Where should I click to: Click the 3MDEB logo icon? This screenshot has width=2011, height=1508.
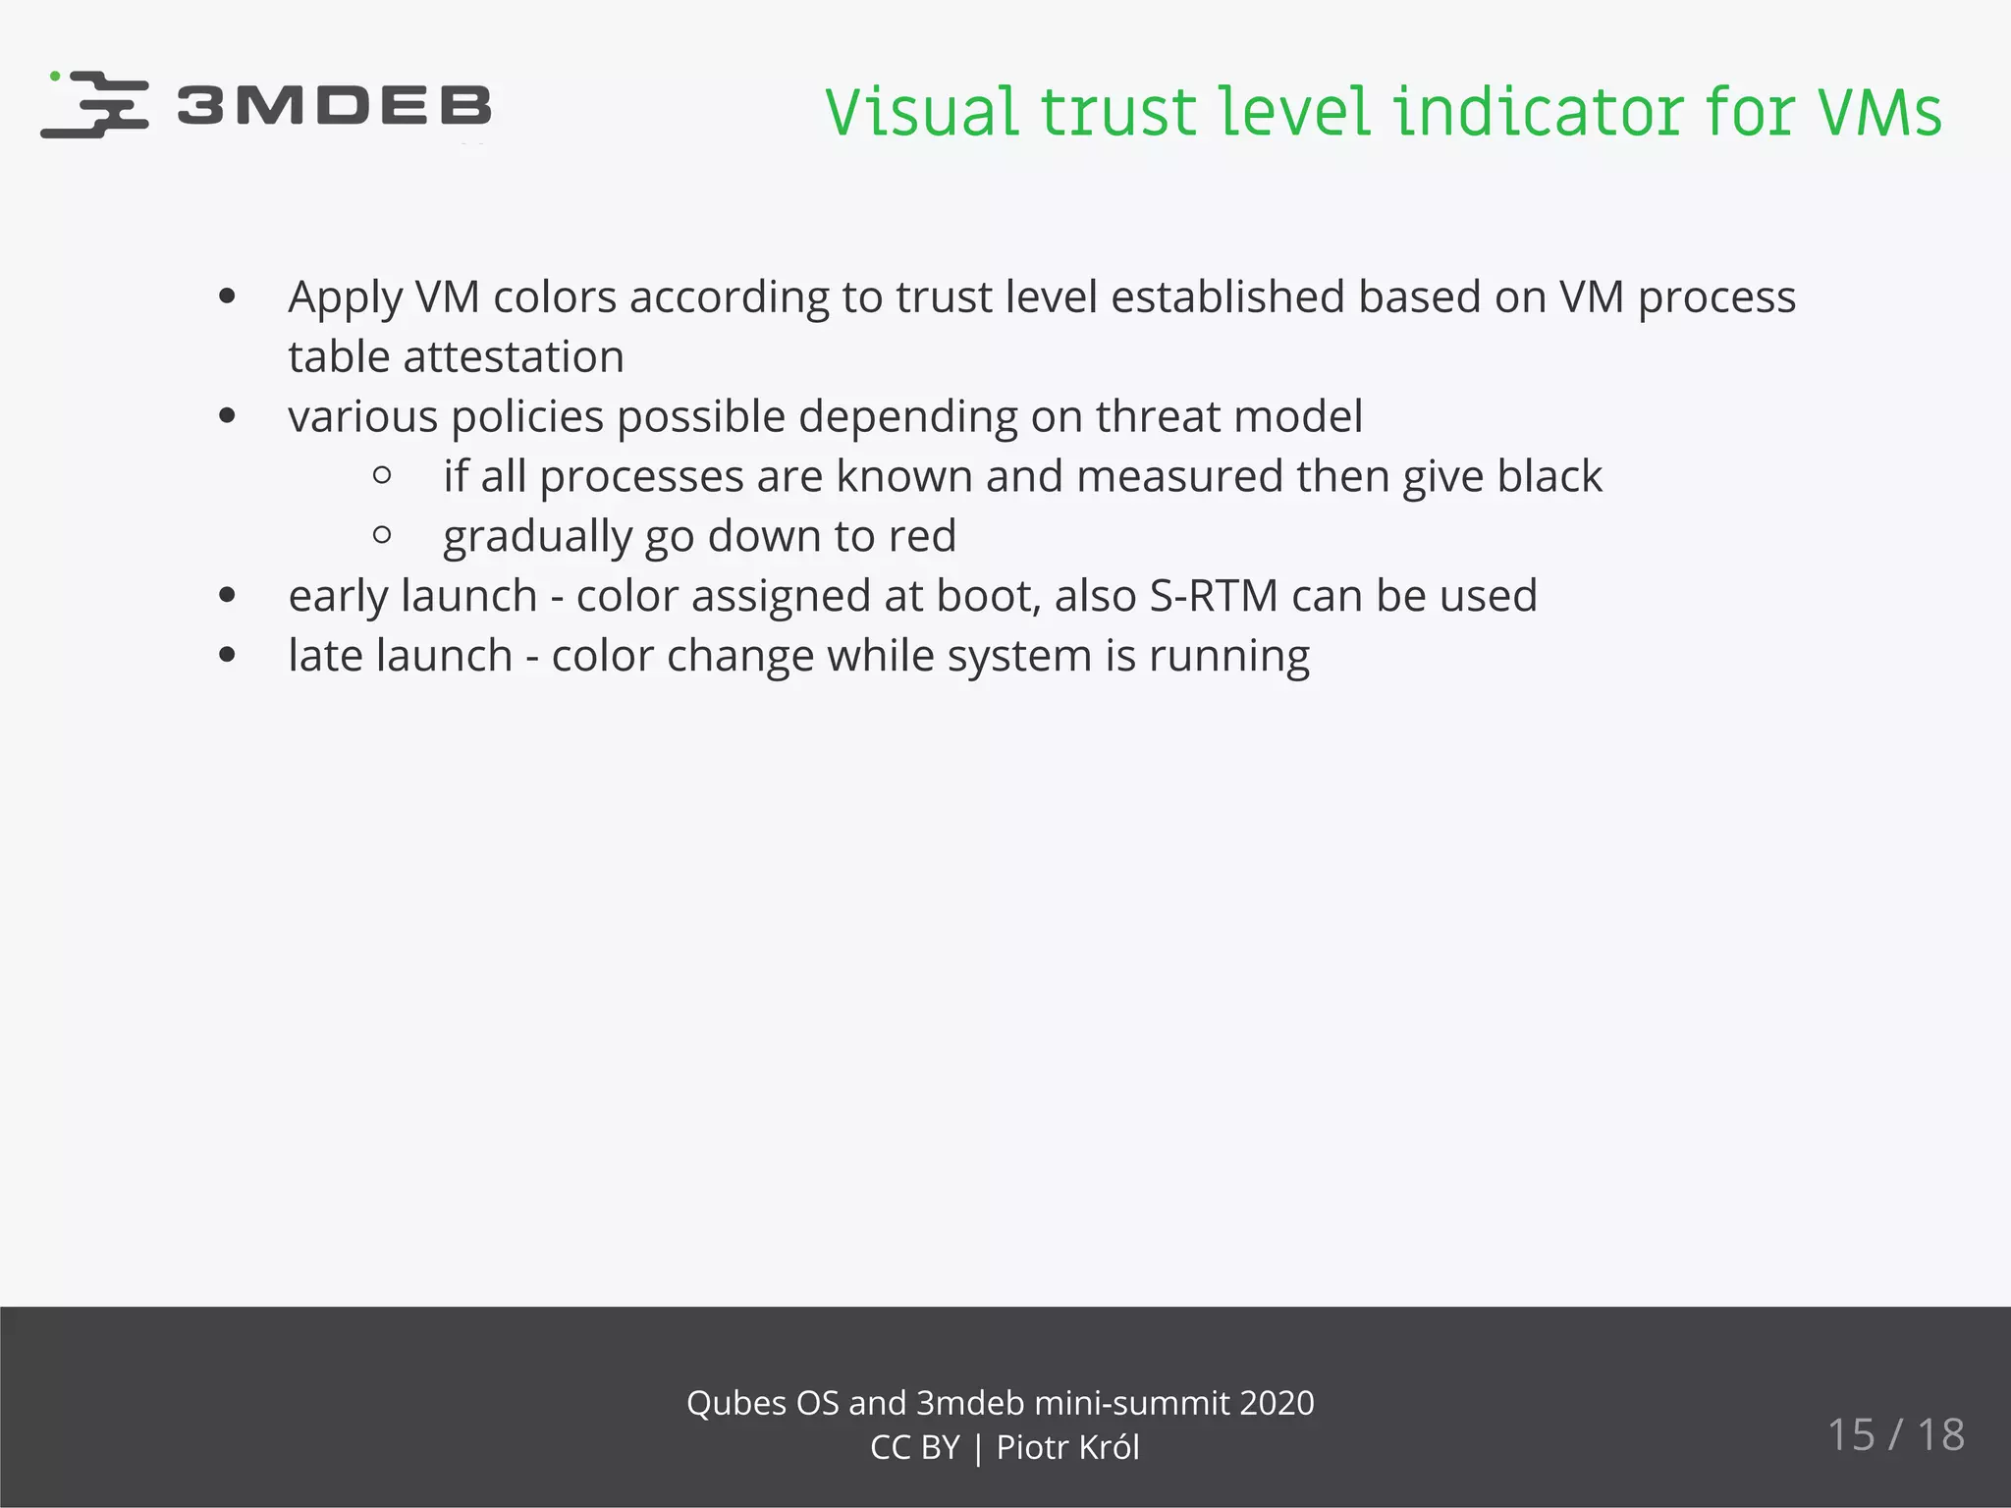[95, 104]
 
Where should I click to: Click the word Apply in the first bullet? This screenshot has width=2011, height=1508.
[345, 298]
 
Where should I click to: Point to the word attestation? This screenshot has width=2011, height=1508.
[513, 357]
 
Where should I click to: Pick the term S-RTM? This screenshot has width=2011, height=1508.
[1214, 597]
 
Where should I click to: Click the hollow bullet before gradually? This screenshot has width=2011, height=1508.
[383, 536]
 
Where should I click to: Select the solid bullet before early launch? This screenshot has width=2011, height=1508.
[228, 596]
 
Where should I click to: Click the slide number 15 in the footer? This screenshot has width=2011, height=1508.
[1851, 1435]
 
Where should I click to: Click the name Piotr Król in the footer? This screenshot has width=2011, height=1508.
[1068, 1448]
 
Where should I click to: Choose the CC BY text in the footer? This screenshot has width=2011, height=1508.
[914, 1448]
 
